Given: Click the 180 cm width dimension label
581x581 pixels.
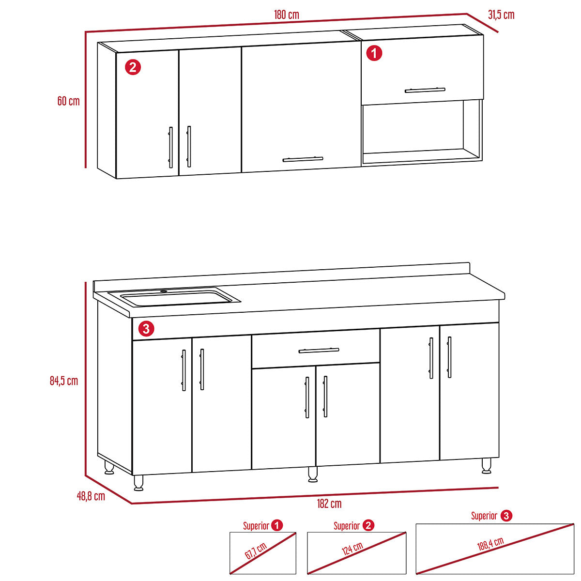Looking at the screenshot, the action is (x=287, y=15).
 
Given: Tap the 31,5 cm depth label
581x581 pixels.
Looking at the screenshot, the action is (x=501, y=15).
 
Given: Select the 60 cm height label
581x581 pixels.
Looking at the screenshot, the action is (x=68, y=101).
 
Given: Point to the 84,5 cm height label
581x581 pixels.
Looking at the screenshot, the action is (x=64, y=381).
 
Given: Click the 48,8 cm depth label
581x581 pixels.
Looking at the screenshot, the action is (x=91, y=496).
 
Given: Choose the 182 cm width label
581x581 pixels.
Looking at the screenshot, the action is (x=329, y=504).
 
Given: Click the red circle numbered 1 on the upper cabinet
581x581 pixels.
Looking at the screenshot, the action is (x=374, y=53).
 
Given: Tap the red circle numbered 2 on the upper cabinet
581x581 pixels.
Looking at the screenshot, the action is (x=133, y=67).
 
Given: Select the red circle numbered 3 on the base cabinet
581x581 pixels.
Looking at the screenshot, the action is (x=146, y=328).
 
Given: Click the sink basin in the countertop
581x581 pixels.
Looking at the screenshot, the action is (x=176, y=298).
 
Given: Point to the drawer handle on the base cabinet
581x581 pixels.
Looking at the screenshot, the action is (x=319, y=351).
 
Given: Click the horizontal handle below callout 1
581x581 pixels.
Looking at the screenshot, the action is (x=425, y=90).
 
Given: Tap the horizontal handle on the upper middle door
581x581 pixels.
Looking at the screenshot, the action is (x=303, y=159).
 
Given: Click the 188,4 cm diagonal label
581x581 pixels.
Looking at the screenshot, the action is (x=490, y=544).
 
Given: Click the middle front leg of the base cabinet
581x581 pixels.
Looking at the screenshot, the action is (x=313, y=474).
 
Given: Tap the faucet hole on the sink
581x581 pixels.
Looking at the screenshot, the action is (x=164, y=291).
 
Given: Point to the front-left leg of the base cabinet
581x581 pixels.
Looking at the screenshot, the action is (x=138, y=483).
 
